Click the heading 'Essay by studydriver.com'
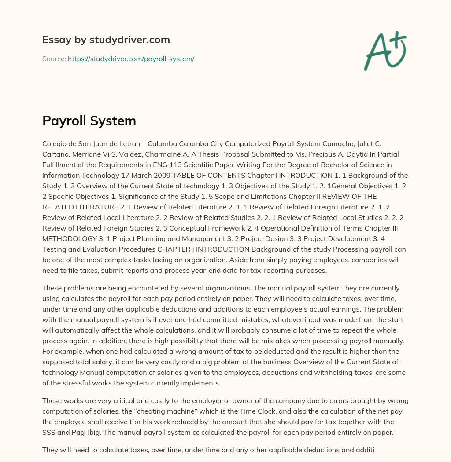(106, 40)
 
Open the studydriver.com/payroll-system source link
(131, 59)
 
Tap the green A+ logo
(384, 51)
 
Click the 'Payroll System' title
(89, 121)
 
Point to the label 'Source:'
(54, 59)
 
